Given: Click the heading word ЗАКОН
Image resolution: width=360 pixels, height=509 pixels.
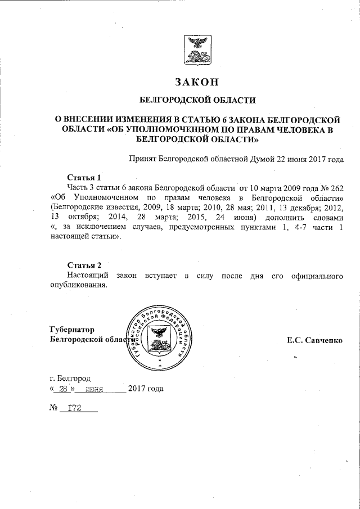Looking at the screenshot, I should [x=196, y=82].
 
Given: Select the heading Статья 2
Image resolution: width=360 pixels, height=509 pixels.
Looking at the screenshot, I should [x=84, y=265].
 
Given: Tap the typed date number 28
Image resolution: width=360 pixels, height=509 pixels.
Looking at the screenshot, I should [x=63, y=388].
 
